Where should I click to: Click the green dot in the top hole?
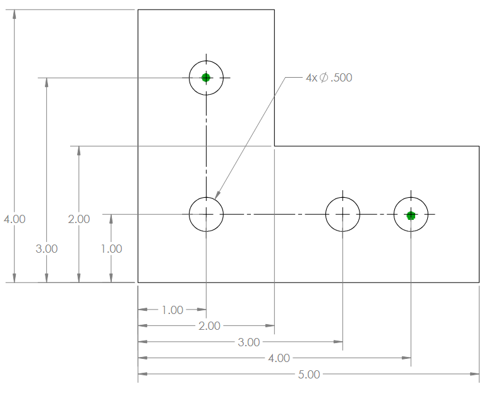tap(206, 78)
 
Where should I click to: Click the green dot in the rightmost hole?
tap(411, 215)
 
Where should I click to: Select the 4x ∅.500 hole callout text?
tap(329, 77)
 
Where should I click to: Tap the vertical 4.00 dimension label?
tap(15, 219)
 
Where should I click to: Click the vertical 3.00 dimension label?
tap(47, 249)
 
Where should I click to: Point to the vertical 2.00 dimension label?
tap(79, 219)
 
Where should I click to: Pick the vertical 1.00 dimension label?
tap(111, 249)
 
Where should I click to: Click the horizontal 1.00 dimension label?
tap(173, 310)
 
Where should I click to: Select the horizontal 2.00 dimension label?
tap(209, 326)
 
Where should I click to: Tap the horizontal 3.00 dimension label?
tap(248, 342)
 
